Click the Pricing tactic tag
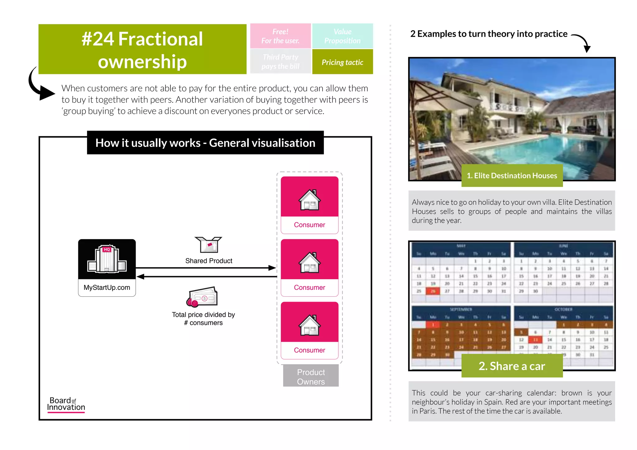click(342, 62)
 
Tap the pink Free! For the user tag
click(280, 36)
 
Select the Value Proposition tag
click(342, 36)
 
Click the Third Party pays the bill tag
click(280, 62)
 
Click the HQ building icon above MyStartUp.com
click(107, 259)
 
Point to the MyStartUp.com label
click(107, 288)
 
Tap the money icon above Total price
click(202, 297)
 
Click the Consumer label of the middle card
click(309, 288)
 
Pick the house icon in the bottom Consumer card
click(309, 325)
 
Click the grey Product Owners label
click(311, 377)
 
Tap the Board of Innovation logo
click(66, 404)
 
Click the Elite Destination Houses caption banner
click(512, 176)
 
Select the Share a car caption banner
click(512, 366)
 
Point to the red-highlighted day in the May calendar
click(433, 291)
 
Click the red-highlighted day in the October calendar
click(536, 340)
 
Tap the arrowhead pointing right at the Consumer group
click(272, 268)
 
